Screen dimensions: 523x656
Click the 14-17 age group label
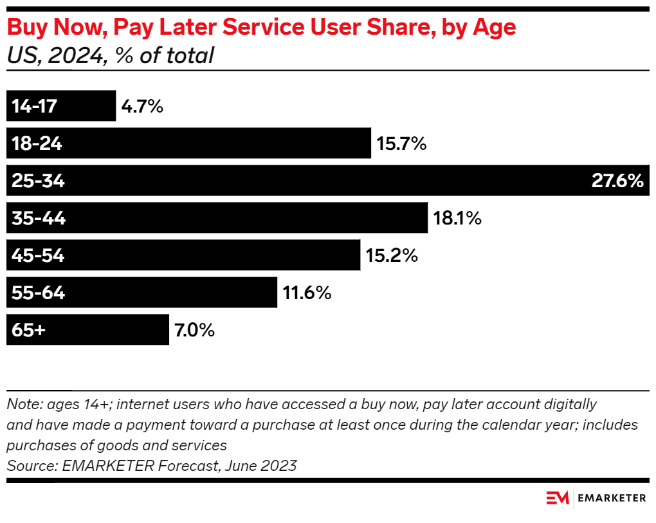[x=35, y=106]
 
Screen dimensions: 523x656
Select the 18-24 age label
[x=37, y=143]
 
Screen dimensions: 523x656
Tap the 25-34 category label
[x=38, y=181]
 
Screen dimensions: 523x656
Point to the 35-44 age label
[x=39, y=219]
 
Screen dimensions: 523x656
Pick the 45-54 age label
[x=38, y=256]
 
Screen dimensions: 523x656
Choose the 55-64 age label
[x=38, y=293]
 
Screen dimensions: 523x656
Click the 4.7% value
[x=142, y=106]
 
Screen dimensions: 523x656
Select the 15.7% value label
[x=401, y=143]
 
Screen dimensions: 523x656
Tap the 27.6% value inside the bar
[x=617, y=181]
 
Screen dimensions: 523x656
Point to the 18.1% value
[x=457, y=219]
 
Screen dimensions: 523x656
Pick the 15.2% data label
[x=392, y=256]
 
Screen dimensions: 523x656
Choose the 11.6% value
[x=307, y=293]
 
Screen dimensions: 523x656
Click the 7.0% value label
[x=194, y=331]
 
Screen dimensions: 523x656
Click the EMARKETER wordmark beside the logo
[x=612, y=498]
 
